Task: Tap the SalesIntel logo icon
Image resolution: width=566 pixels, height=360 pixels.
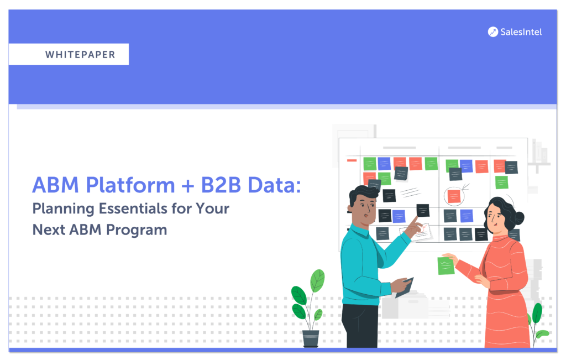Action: click(493, 32)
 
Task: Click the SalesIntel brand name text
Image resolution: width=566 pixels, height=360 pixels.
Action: click(521, 32)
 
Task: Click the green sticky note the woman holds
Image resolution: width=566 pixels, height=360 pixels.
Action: click(446, 265)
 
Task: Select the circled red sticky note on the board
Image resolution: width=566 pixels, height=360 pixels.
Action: click(454, 196)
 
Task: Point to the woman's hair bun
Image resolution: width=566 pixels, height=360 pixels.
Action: click(518, 217)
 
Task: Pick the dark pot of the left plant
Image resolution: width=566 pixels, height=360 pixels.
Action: click(311, 338)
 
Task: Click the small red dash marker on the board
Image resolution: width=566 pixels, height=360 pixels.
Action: click(352, 160)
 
